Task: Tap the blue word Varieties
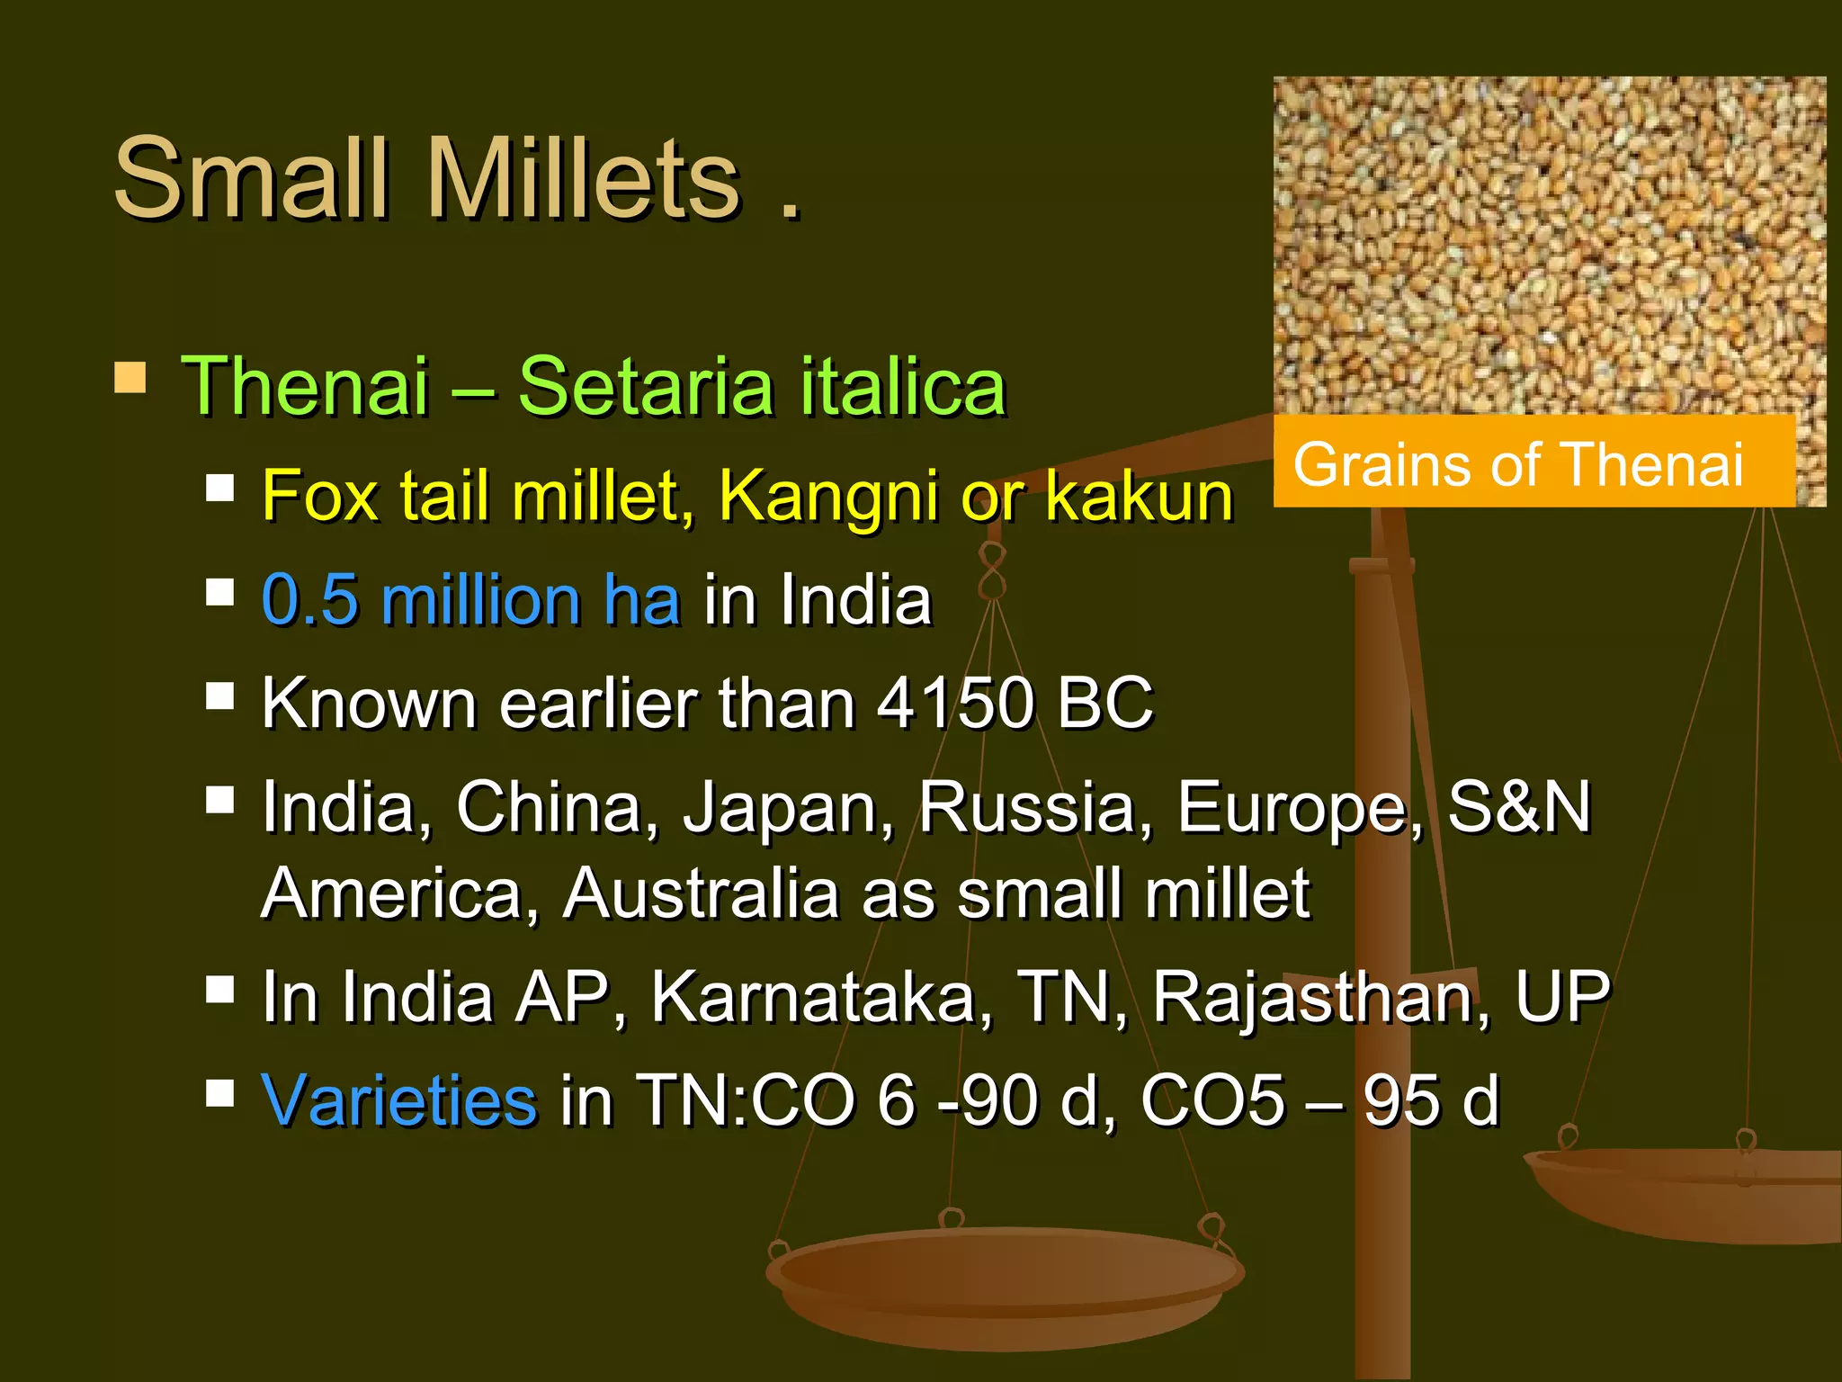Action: [398, 1099]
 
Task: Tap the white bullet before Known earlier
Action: [219, 695]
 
